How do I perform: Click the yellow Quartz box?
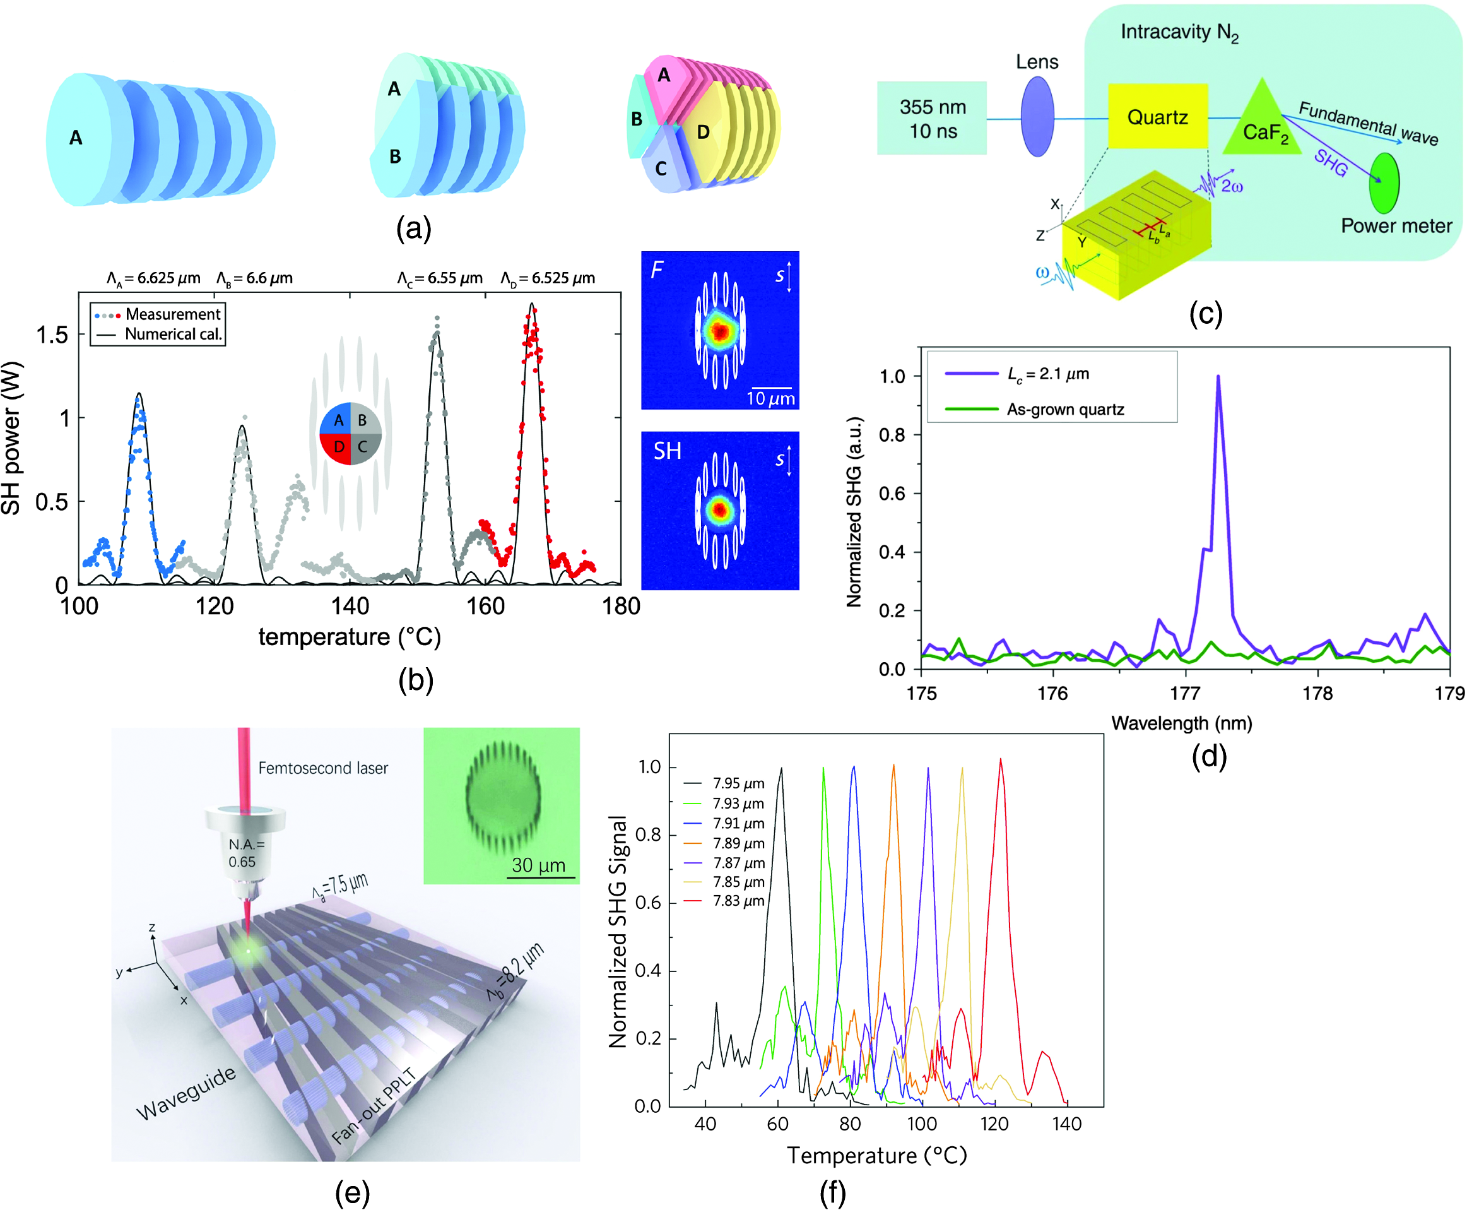pyautogui.click(x=1157, y=116)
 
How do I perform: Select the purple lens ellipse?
pyautogui.click(x=1037, y=116)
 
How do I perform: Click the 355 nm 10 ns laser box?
pyautogui.click(x=932, y=119)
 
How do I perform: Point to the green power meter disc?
pyautogui.click(x=1384, y=182)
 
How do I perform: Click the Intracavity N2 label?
pyautogui.click(x=1179, y=33)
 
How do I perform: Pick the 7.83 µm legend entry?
pyautogui.click(x=724, y=901)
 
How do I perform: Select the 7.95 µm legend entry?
pyautogui.click(x=724, y=783)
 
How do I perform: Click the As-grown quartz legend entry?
pyautogui.click(x=1034, y=409)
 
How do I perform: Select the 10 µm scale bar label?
pyautogui.click(x=770, y=398)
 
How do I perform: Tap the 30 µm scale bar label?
pyautogui.click(x=538, y=865)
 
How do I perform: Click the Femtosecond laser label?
pyautogui.click(x=323, y=768)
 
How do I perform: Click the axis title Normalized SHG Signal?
pyautogui.click(x=618, y=931)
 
